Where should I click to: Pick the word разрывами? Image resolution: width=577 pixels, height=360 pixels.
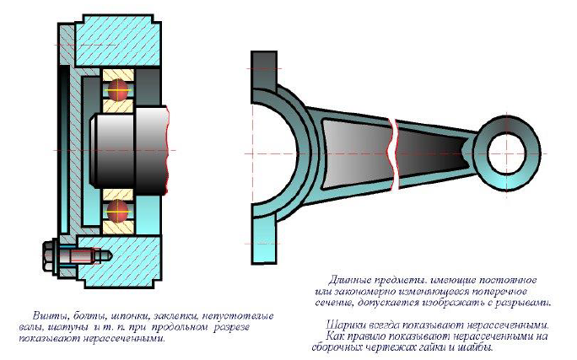[x=522, y=301]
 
